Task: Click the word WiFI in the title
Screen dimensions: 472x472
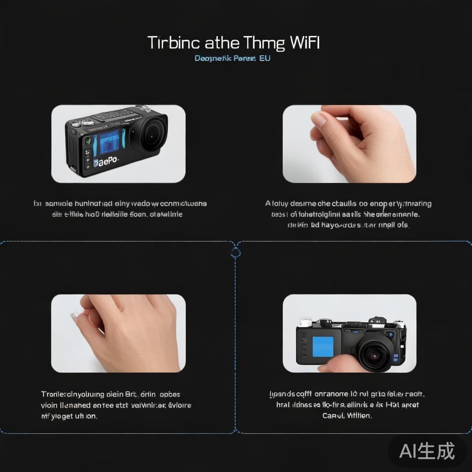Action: (x=305, y=43)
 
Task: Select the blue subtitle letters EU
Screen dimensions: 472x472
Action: (x=265, y=59)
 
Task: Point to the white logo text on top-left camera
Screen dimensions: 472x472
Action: (x=106, y=162)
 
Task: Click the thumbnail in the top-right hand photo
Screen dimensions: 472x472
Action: (x=319, y=119)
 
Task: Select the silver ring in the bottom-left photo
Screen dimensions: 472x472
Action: (x=74, y=315)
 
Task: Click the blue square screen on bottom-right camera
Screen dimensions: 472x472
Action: (x=323, y=346)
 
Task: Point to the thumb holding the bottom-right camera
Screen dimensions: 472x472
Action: (x=334, y=364)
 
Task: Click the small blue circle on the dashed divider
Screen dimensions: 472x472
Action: (x=236, y=252)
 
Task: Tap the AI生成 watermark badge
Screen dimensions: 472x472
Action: (x=427, y=451)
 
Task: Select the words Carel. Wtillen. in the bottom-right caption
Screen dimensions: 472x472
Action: (x=347, y=415)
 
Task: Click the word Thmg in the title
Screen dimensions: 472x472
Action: (x=265, y=43)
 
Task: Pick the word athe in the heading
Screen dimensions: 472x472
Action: (x=222, y=43)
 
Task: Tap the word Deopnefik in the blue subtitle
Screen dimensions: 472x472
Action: (x=212, y=59)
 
